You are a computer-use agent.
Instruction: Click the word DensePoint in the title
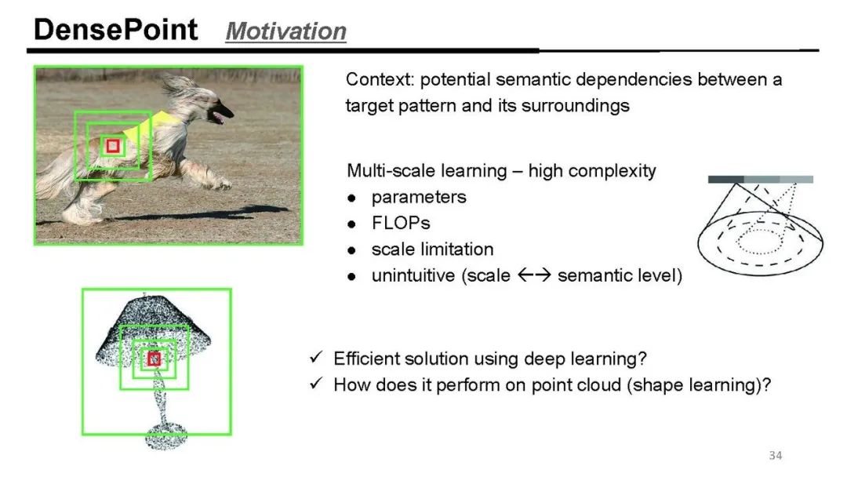[x=115, y=30]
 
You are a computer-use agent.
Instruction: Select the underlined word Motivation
[x=285, y=31]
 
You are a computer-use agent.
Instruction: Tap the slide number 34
[x=775, y=455]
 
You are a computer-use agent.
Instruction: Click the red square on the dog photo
[x=113, y=146]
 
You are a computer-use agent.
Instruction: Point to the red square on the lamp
[x=154, y=359]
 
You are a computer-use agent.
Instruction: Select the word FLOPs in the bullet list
[x=401, y=223]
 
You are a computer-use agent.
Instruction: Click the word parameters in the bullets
[x=419, y=197]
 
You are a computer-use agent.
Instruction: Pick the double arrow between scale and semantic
[x=534, y=275]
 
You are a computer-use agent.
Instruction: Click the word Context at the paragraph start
[x=380, y=79]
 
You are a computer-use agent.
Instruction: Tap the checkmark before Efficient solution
[x=316, y=357]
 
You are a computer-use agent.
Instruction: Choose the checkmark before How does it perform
[x=316, y=383]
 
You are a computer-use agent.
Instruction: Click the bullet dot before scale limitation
[x=352, y=250]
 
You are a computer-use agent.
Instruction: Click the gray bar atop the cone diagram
[x=761, y=180]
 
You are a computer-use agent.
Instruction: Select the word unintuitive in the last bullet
[x=413, y=275]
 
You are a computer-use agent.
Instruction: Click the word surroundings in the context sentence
[x=576, y=106]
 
